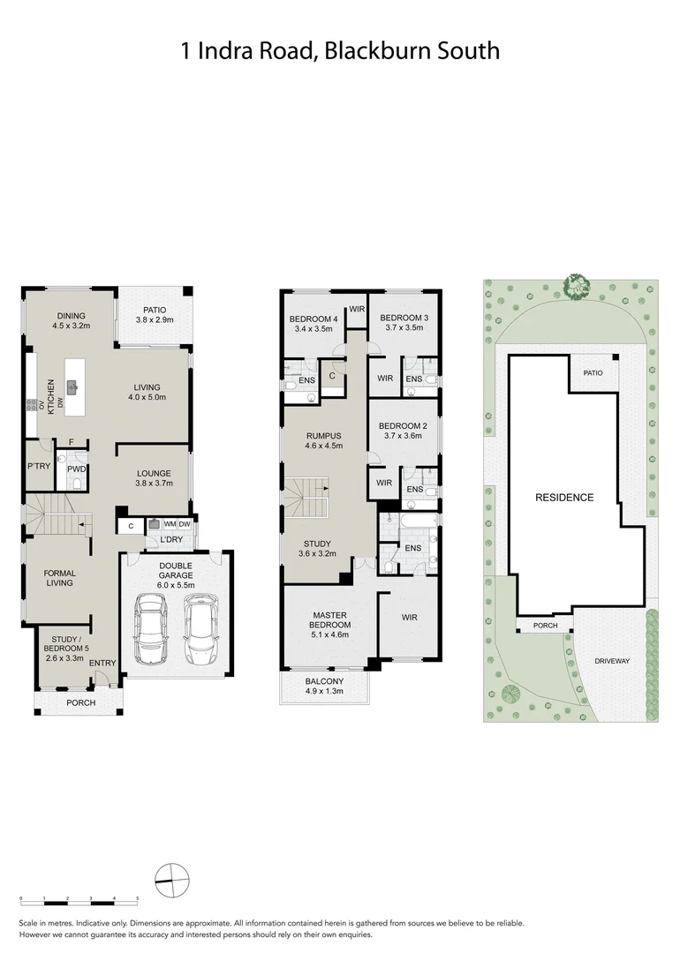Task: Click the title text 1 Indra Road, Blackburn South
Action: (340, 50)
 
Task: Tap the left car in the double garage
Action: (149, 628)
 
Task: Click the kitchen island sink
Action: (75, 386)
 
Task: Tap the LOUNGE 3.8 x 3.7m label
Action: (153, 478)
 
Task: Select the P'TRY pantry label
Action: (37, 466)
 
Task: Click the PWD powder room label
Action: (76, 469)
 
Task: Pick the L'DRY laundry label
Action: (171, 540)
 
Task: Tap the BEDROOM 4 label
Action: (314, 324)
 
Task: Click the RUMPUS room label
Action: (324, 440)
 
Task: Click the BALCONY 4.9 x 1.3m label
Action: (324, 687)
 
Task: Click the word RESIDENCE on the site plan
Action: (564, 498)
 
